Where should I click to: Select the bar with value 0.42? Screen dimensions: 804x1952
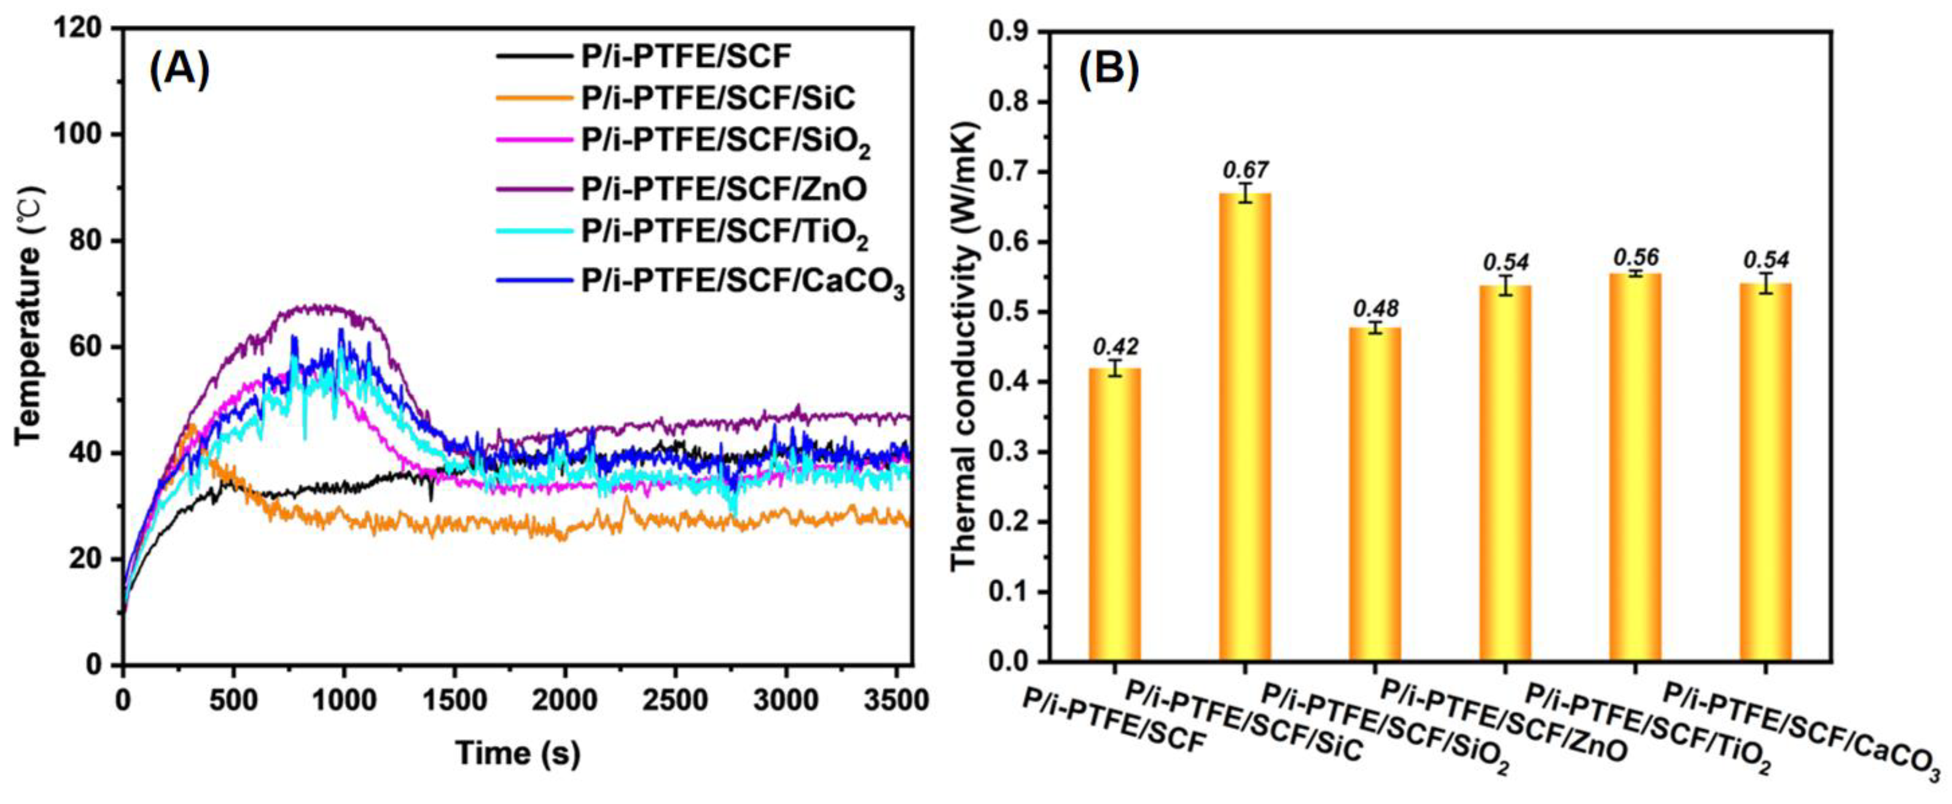(1114, 515)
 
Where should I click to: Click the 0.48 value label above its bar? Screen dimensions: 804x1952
(1375, 309)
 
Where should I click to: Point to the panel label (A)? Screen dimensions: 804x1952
(179, 74)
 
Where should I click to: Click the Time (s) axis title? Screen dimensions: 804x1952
(518, 753)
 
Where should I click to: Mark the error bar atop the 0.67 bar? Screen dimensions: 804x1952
(1244, 193)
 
